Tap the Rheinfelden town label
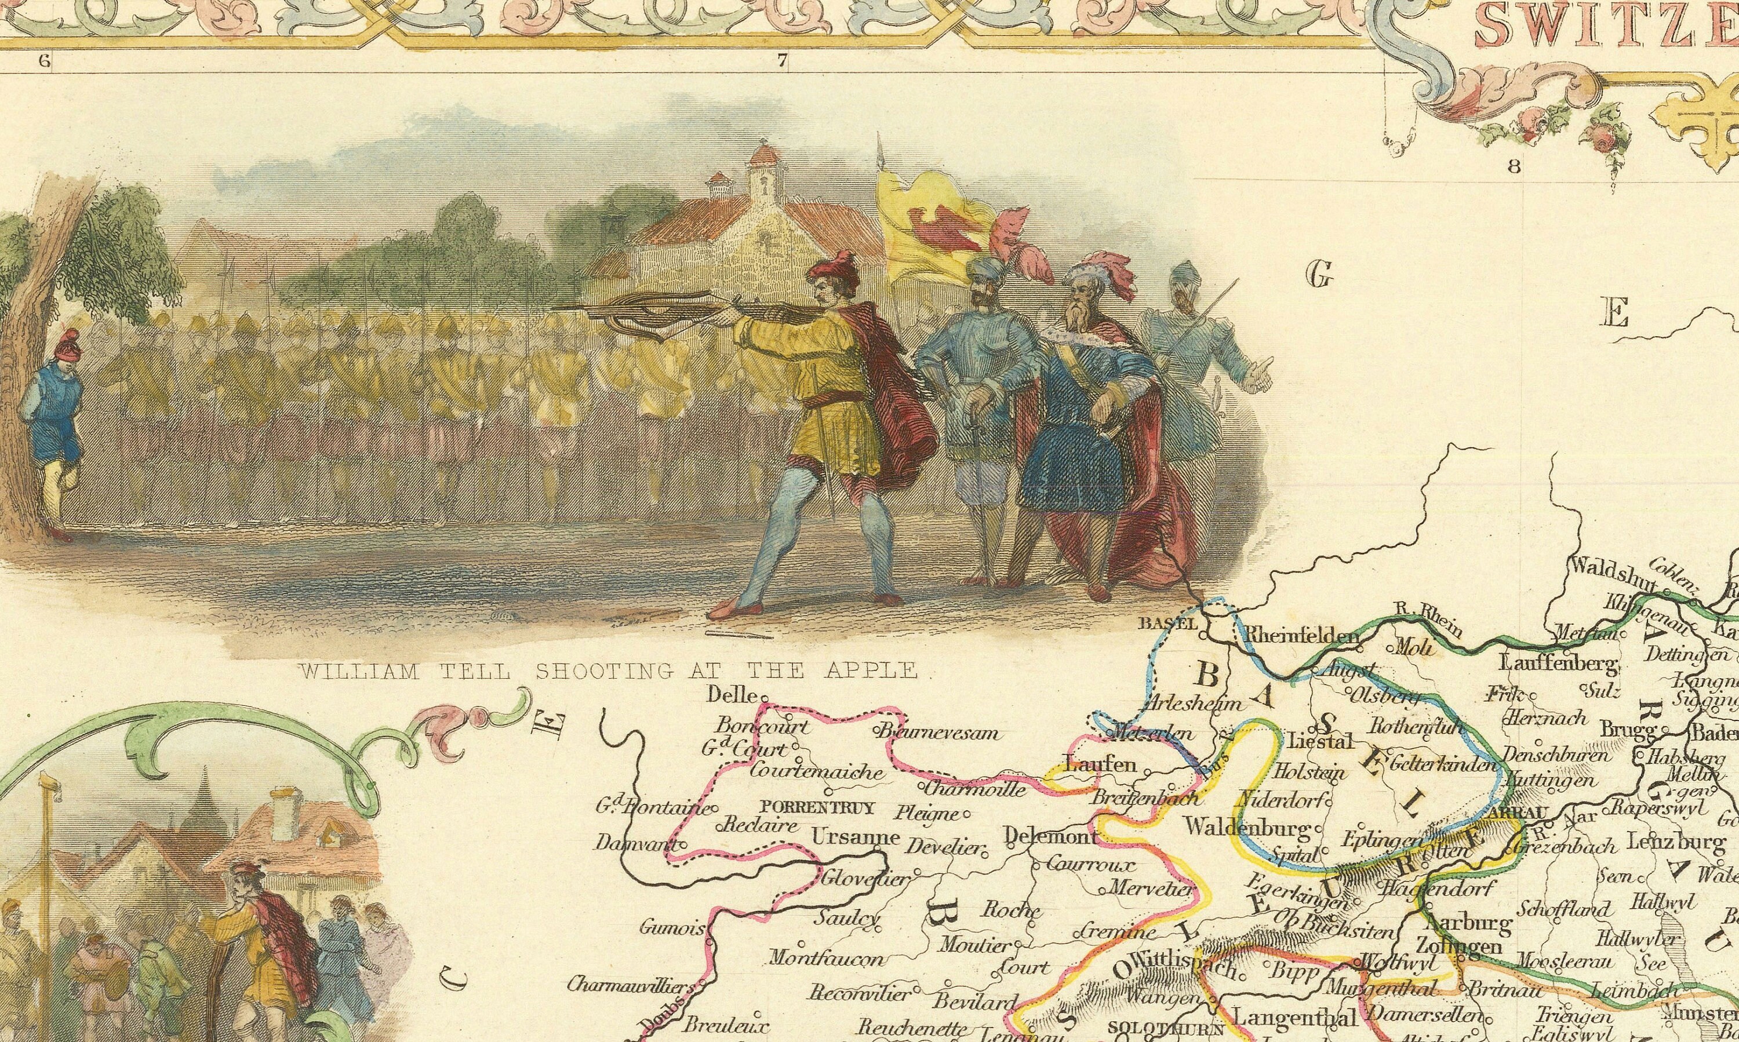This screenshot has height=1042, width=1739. [x=1295, y=636]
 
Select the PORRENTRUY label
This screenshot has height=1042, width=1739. [x=818, y=807]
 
